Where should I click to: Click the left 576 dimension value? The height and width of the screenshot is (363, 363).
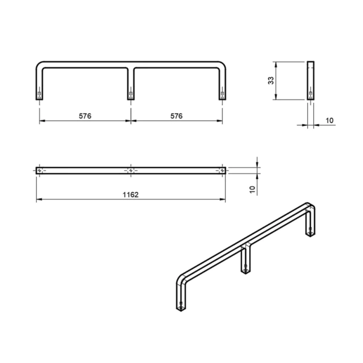tap(85, 116)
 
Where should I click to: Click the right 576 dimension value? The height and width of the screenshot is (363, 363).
tap(177, 116)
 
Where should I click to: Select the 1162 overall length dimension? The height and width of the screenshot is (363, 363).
tap(131, 195)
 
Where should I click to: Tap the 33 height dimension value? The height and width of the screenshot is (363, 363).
tap(270, 80)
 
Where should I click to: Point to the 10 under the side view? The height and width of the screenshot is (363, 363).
tap(330, 120)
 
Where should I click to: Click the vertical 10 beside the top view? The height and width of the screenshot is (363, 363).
tap(252, 189)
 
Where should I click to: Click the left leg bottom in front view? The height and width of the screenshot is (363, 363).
tap(39, 99)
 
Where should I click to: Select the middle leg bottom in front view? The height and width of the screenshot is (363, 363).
tap(131, 99)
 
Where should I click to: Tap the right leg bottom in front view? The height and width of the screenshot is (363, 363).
tap(222, 99)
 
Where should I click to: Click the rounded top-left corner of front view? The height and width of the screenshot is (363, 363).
tap(39, 64)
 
